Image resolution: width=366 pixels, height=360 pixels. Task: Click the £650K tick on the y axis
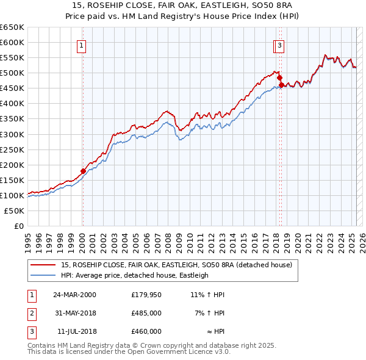click(12, 27)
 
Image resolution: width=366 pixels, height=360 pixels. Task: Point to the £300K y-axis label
click(12, 134)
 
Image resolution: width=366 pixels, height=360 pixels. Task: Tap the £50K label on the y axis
click(15, 211)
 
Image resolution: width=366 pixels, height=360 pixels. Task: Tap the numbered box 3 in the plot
click(279, 45)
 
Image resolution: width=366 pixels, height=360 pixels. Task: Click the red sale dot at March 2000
click(83, 171)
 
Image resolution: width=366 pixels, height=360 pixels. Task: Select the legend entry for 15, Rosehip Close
click(177, 265)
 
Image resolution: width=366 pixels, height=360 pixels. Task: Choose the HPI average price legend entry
click(135, 275)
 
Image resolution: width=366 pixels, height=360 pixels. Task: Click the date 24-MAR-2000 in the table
click(75, 295)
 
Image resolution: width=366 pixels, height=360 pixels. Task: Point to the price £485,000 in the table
click(146, 313)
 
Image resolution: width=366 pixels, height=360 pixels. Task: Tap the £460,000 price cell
click(146, 331)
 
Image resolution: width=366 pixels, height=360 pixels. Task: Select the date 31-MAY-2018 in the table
click(75, 313)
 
